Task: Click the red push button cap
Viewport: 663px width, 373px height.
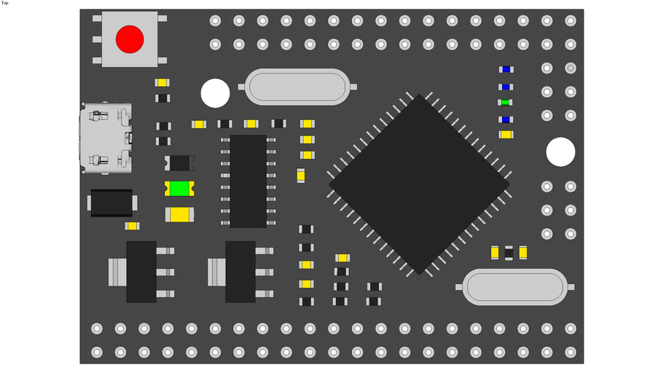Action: tap(130, 39)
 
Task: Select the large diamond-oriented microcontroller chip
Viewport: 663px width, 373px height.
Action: tap(419, 184)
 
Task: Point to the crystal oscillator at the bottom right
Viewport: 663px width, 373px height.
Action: tap(514, 286)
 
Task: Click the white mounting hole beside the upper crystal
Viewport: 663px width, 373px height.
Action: tap(215, 93)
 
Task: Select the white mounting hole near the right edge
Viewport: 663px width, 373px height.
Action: tap(560, 152)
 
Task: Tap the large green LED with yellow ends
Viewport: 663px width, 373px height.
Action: tap(178, 189)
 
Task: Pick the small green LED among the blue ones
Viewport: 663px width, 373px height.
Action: tap(505, 103)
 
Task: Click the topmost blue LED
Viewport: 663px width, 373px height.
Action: tap(505, 70)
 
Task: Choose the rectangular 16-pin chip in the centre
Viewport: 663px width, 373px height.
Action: tap(248, 181)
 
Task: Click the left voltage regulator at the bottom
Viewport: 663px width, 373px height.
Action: tap(141, 272)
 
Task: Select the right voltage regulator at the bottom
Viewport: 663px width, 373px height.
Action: tap(240, 272)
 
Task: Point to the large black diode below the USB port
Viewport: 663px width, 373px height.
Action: tap(111, 203)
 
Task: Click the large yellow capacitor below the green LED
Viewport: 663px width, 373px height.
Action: tap(179, 214)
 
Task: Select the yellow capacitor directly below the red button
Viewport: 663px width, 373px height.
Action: tap(162, 82)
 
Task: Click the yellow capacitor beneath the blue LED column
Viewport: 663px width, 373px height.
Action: tap(505, 135)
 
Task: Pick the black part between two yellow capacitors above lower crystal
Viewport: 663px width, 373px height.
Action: tap(509, 253)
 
